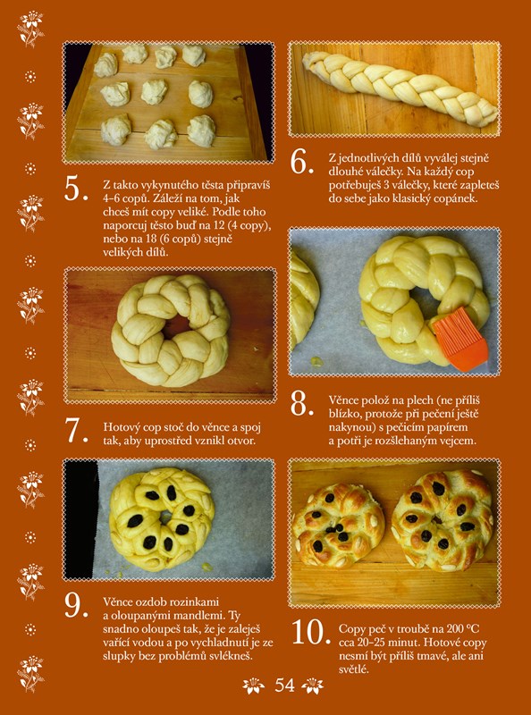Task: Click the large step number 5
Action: point(76,189)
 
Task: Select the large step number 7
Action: point(76,430)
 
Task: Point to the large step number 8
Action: point(301,404)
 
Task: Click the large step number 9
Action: point(76,605)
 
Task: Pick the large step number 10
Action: point(311,632)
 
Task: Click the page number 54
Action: point(284,685)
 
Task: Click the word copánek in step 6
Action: point(454,199)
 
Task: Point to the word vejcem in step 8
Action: point(458,442)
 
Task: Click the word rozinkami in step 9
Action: point(190,602)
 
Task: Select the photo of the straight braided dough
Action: point(394,88)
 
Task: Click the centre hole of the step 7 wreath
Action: point(175,325)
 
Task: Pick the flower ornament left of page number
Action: point(254,686)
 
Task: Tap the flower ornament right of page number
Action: point(313,686)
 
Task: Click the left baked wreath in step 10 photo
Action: point(339,525)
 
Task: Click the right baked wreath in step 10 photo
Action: point(442,520)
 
